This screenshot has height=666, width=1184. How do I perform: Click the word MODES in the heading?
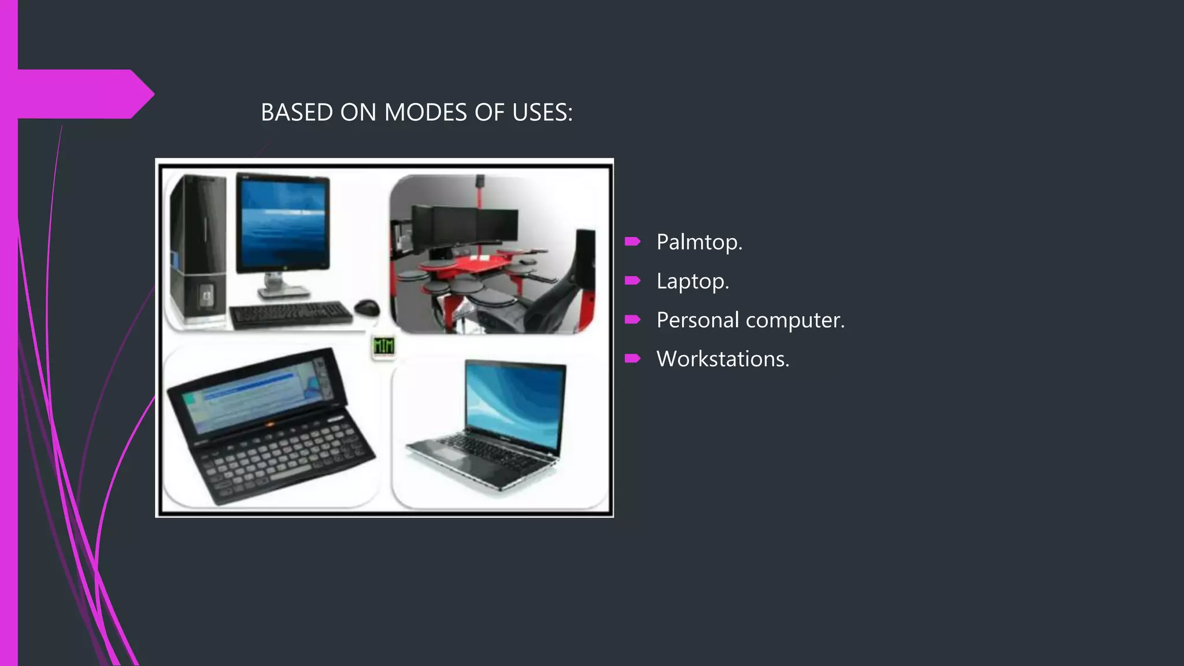coord(425,113)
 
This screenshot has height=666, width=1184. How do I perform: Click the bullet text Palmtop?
coord(699,242)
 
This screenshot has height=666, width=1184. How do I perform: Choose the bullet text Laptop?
coord(693,281)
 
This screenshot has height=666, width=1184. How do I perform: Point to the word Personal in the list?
coord(697,320)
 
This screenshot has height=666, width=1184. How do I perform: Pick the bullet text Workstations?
coord(723,359)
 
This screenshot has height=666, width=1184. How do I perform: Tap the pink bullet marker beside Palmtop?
coord(632,242)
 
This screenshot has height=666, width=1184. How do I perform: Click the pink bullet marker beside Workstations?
coord(632,359)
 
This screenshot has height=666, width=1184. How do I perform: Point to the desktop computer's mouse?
coord(367,306)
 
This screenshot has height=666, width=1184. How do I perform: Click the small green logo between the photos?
coord(383,347)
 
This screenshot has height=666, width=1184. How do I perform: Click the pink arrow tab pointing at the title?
coord(87,94)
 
